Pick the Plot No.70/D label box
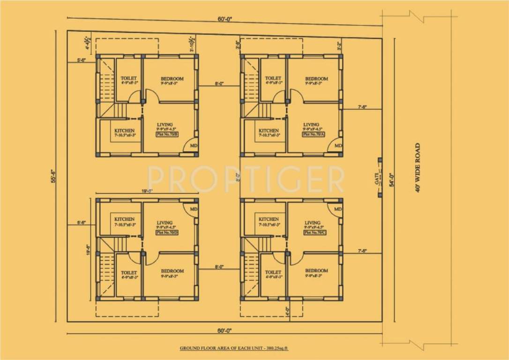[166, 232]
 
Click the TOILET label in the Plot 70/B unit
[128, 78]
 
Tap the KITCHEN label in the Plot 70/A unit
[269, 131]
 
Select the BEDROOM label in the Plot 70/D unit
[172, 271]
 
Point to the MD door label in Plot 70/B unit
[194, 146]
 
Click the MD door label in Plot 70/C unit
[337, 209]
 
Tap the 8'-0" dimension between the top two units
[219, 84]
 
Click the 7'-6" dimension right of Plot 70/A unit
[362, 107]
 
